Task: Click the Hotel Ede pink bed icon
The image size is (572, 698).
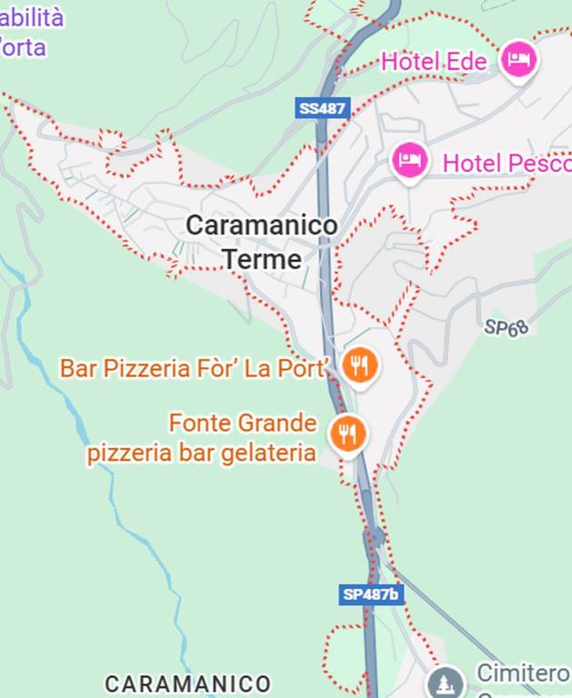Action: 518,60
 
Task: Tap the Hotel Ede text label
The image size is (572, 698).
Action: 434,62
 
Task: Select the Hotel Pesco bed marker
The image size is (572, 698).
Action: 409,162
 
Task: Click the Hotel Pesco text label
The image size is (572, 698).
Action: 506,164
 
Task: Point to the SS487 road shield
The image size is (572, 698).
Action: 323,108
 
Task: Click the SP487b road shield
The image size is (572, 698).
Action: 371,594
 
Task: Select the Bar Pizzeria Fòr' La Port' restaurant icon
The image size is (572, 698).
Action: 361,365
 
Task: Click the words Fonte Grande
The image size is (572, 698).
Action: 243,424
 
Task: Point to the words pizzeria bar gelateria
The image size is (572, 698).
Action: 201,453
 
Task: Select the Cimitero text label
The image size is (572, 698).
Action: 522,673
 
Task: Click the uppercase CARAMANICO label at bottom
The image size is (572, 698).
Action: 188,683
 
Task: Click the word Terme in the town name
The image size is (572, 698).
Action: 262,259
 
